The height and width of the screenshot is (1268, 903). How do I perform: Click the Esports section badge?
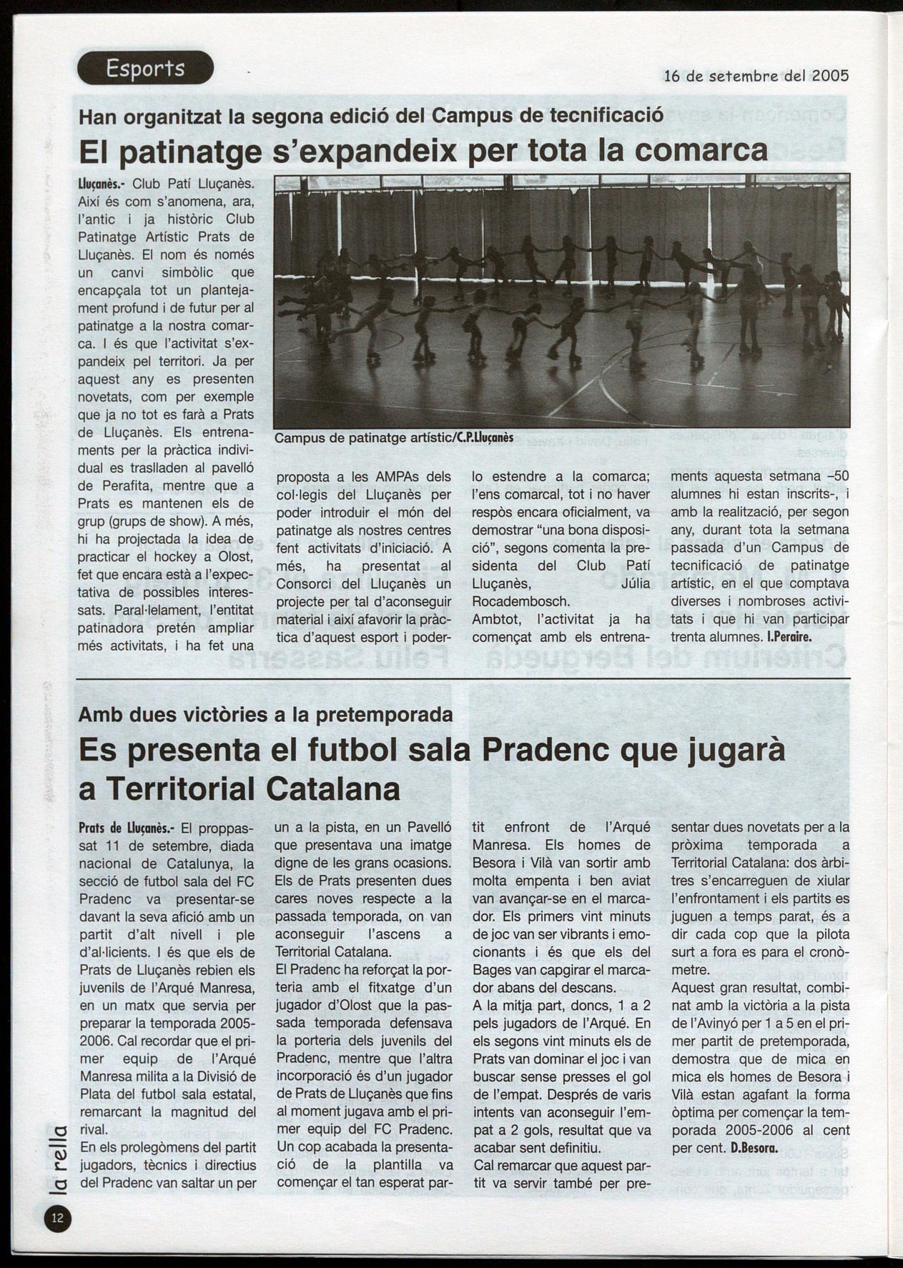pyautogui.click(x=145, y=69)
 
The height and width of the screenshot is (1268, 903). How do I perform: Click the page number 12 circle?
pyautogui.click(x=58, y=1219)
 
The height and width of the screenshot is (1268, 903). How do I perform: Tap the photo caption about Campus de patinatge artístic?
pyautogui.click(x=394, y=437)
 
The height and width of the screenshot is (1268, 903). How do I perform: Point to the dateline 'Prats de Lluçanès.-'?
pyautogui.click(x=126, y=828)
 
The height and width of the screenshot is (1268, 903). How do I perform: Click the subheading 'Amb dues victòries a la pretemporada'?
pyautogui.click(x=265, y=713)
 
